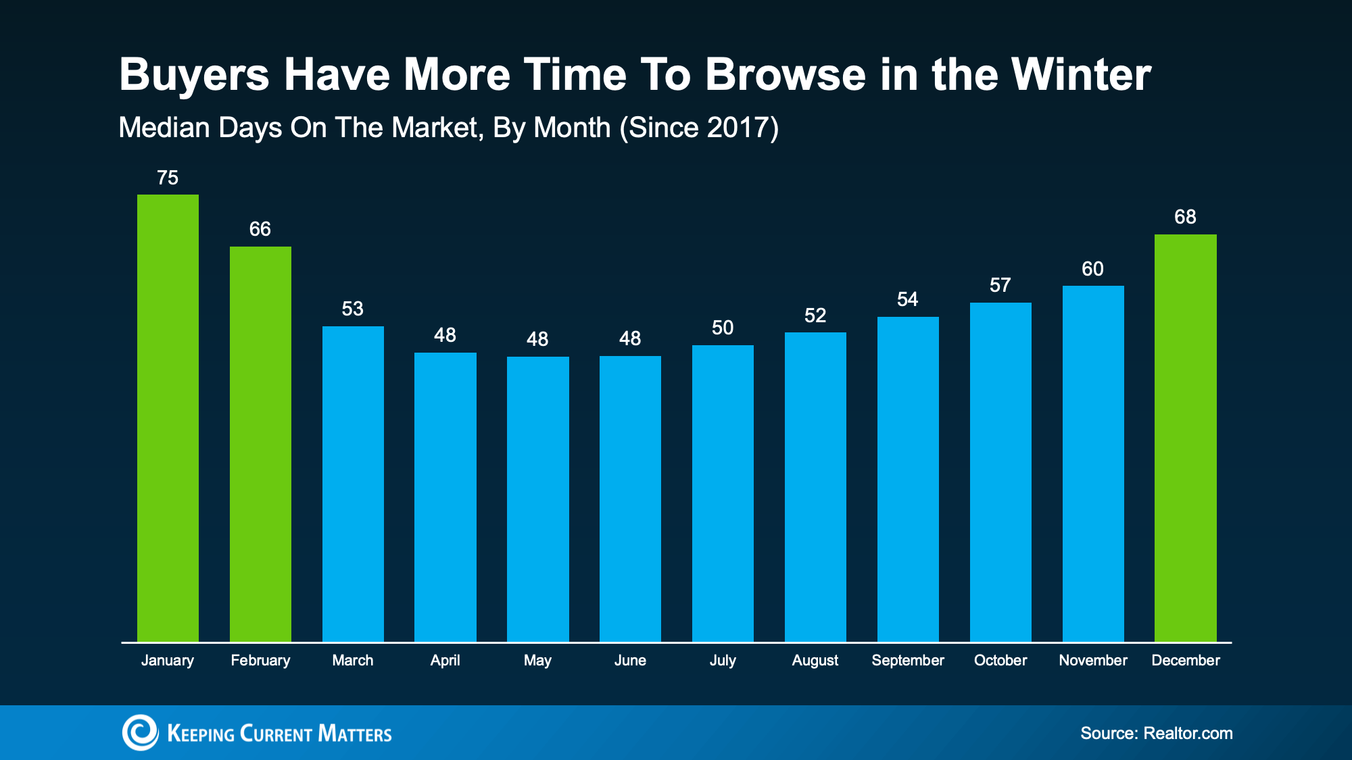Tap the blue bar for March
point(353,484)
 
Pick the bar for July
point(723,493)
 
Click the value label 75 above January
point(168,178)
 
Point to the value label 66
point(260,229)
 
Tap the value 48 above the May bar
point(537,339)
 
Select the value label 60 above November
point(1092,269)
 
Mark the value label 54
point(908,299)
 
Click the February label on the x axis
point(260,660)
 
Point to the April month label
point(445,660)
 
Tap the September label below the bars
point(908,660)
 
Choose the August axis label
point(815,661)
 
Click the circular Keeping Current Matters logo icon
point(140,732)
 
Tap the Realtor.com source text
point(1188,733)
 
